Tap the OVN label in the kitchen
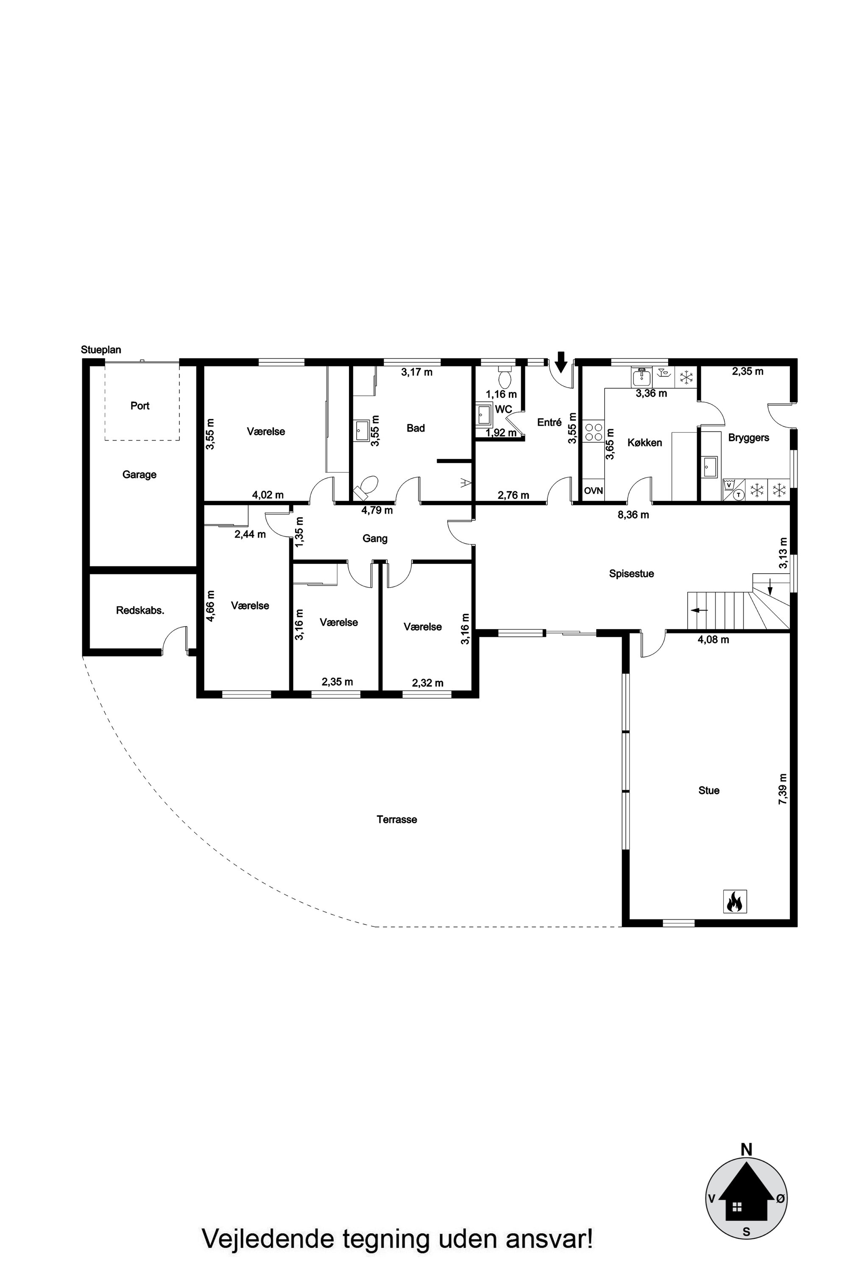(x=593, y=491)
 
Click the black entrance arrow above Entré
(x=561, y=361)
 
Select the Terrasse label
(x=396, y=819)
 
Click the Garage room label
(x=139, y=475)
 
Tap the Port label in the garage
(x=139, y=405)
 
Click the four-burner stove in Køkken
(x=593, y=432)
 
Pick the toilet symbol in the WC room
(x=504, y=377)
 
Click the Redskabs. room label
(x=140, y=611)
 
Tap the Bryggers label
(x=748, y=437)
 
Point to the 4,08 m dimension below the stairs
(x=713, y=640)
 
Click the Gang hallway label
(x=375, y=538)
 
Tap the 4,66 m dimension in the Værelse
(x=210, y=606)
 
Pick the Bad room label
(x=416, y=428)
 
